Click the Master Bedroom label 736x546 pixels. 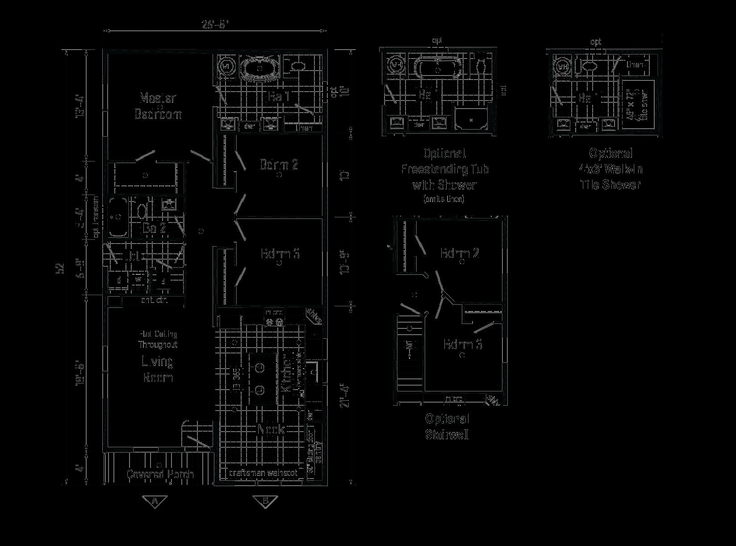pos(158,106)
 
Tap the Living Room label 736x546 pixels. pos(158,369)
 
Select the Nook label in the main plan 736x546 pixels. pos(271,429)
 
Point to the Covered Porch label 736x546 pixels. pos(160,474)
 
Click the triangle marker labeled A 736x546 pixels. pos(155,501)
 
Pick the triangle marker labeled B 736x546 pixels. pos(265,501)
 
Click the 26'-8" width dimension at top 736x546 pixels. pos(215,25)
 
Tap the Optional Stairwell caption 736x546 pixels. pos(447,427)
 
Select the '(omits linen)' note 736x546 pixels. pos(443,199)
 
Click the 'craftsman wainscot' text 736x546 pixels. pos(263,472)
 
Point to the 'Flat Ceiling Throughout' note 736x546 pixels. pos(158,339)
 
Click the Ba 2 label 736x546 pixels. pos(154,228)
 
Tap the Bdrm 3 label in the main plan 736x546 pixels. pos(280,254)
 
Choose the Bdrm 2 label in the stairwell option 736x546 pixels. pos(460,253)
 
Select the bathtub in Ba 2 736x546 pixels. pos(118,217)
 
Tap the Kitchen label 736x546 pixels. pos(286,374)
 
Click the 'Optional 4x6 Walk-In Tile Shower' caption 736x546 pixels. pos(611,169)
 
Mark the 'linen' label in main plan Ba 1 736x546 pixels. pos(304,128)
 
